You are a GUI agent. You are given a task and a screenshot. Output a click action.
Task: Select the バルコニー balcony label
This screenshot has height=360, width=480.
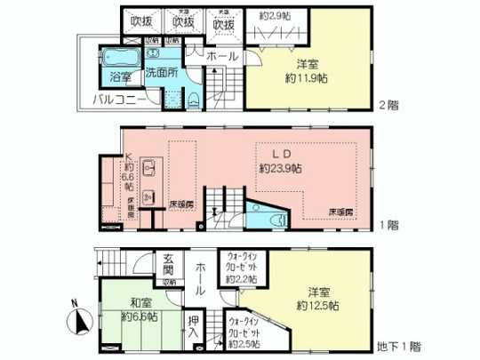click(x=122, y=99)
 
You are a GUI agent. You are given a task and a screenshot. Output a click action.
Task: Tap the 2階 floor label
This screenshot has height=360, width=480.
click(x=388, y=105)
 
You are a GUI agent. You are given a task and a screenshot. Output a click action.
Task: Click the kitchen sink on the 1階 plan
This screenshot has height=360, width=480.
click(x=148, y=169)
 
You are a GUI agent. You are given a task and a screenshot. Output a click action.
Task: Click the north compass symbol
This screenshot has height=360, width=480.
click(x=76, y=317)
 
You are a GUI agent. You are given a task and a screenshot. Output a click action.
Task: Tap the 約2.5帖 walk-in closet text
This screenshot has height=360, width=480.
click(x=243, y=343)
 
